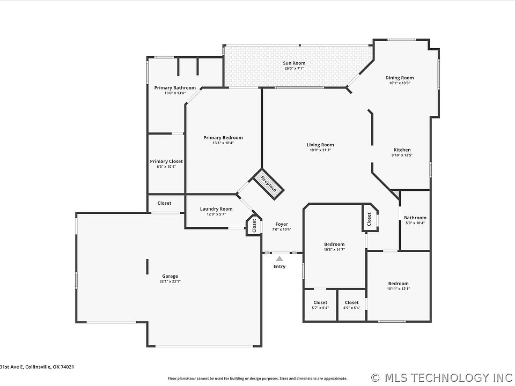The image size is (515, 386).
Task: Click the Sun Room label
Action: click(294, 63)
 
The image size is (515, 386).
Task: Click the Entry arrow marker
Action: click(279, 258)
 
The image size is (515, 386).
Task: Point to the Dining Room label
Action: click(400, 78)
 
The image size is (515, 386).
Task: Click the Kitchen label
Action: click(402, 150)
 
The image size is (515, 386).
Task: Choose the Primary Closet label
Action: click(166, 161)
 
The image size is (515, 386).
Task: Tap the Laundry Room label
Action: click(216, 209)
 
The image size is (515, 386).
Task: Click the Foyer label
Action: click(282, 224)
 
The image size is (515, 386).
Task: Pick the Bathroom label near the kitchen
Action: click(415, 218)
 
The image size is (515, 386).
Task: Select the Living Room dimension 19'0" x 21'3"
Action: click(320, 150)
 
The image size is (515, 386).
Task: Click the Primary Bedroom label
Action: click(223, 138)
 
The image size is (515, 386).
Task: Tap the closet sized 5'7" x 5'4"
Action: click(320, 305)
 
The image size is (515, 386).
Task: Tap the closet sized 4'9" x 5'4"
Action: click(352, 305)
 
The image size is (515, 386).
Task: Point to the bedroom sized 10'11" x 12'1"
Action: click(398, 286)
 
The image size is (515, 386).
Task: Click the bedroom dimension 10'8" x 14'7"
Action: click(334, 249)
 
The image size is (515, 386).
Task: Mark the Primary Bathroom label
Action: click(175, 87)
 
